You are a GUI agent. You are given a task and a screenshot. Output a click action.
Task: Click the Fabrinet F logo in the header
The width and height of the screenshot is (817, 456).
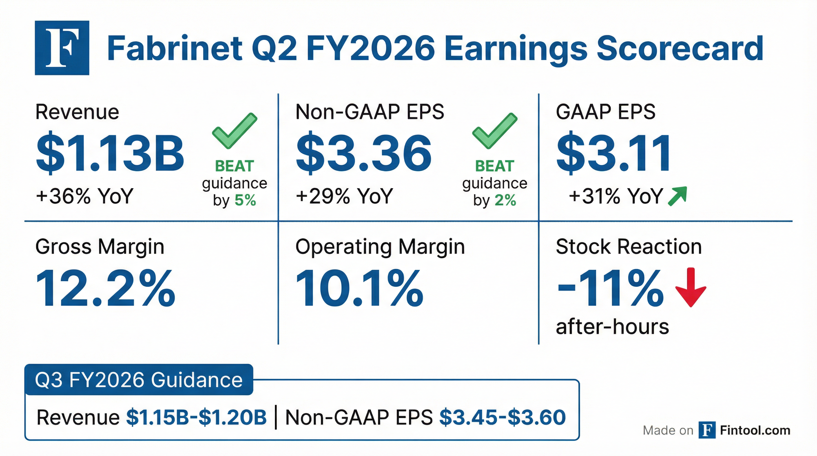click(62, 48)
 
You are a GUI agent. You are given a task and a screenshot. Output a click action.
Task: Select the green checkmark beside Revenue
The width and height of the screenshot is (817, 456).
click(234, 130)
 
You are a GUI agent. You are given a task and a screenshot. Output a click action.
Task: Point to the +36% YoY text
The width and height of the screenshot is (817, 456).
click(84, 196)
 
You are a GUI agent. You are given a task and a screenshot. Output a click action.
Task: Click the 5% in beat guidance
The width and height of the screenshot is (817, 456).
click(245, 200)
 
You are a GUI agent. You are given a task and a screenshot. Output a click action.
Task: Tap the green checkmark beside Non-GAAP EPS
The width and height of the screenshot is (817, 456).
click(495, 130)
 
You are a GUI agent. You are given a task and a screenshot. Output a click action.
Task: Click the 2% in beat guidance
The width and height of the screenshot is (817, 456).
click(506, 200)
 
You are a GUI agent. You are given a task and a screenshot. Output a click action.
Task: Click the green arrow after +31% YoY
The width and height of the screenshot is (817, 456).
click(677, 196)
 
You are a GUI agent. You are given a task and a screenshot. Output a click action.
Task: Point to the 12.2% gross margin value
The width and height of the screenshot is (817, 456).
click(105, 288)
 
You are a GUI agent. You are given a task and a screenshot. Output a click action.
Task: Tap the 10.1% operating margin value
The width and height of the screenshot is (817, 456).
click(359, 288)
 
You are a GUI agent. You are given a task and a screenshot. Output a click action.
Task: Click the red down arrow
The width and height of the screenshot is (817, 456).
click(691, 287)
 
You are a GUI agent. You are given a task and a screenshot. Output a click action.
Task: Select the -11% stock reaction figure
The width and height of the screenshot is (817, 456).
click(609, 288)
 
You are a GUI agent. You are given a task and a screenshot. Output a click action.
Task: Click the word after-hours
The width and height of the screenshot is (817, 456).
click(612, 327)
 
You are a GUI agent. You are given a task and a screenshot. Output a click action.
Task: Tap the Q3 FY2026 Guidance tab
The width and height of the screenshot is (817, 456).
click(139, 380)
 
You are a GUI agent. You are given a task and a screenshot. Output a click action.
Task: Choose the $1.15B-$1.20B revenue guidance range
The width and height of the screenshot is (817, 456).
click(196, 417)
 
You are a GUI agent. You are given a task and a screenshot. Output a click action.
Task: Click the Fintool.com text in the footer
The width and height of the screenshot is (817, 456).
click(755, 430)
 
